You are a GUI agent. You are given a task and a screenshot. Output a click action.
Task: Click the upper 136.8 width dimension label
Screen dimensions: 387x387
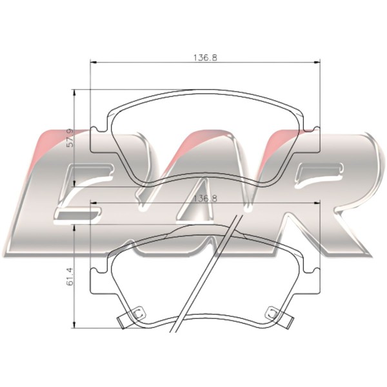click(x=205, y=58)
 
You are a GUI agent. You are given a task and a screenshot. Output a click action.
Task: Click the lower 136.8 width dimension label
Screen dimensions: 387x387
click(x=206, y=199)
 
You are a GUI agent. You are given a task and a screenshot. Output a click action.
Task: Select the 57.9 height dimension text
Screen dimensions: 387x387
click(x=70, y=138)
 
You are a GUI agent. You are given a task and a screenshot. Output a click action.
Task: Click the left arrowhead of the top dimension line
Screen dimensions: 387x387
click(x=94, y=63)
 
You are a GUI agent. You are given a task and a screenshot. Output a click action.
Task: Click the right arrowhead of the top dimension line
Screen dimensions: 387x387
click(x=317, y=63)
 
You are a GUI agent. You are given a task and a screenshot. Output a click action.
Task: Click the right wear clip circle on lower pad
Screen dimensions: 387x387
click(x=272, y=313)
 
